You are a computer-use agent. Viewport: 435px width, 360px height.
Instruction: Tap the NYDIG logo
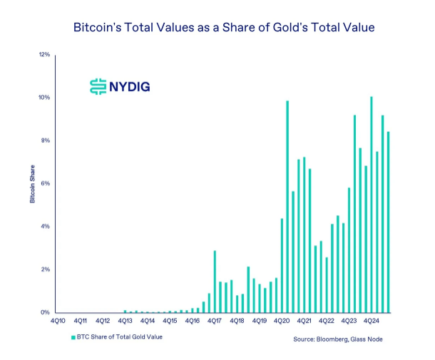(x=119, y=87)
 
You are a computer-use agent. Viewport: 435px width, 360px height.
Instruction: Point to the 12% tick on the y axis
(x=44, y=54)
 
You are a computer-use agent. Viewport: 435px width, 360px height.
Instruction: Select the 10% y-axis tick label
(x=44, y=97)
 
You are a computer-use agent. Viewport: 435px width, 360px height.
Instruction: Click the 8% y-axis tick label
(x=45, y=140)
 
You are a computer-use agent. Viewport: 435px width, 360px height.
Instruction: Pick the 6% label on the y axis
(x=45, y=183)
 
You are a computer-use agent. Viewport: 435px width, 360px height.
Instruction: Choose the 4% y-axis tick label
(x=45, y=227)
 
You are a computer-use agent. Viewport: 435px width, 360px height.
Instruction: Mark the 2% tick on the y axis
(x=45, y=269)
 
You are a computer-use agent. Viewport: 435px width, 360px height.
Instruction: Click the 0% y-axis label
(x=45, y=312)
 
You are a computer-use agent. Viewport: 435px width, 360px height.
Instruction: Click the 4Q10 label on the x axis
(x=58, y=322)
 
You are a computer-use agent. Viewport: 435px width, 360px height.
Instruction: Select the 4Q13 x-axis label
(x=125, y=322)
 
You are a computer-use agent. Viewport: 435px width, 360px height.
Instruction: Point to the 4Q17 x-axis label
(x=214, y=322)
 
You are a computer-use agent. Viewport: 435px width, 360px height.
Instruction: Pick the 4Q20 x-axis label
(x=281, y=322)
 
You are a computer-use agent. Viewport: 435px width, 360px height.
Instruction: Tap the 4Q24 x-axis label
(x=370, y=322)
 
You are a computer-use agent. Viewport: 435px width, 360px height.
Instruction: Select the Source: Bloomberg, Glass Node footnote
(x=338, y=339)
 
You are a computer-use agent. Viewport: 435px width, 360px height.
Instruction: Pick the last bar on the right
(x=388, y=222)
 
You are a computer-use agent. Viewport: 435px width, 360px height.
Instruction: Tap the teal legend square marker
(x=73, y=336)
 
